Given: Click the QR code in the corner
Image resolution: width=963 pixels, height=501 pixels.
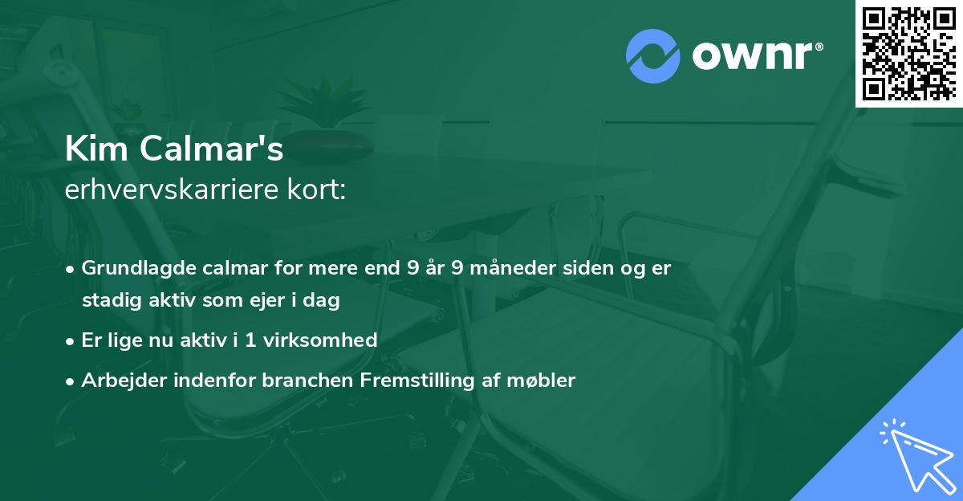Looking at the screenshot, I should [x=908, y=53].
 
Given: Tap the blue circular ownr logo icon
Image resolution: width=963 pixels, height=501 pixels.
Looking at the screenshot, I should [x=652, y=56].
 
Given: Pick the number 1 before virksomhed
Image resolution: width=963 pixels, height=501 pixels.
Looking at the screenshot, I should [x=252, y=340].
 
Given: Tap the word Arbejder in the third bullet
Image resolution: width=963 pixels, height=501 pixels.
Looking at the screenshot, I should [x=117, y=380].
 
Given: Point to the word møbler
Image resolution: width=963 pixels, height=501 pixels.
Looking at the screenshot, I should [x=546, y=380].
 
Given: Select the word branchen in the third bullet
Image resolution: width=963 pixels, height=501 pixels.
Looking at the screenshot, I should [x=301, y=380].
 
